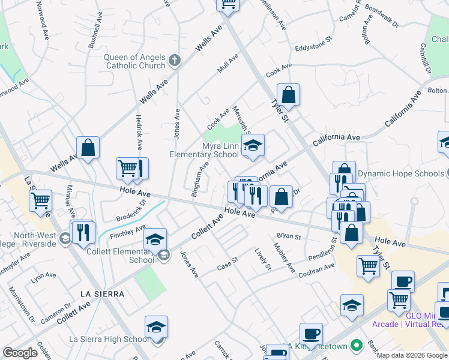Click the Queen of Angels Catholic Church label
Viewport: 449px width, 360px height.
(134, 61)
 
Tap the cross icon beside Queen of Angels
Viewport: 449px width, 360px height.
(175, 60)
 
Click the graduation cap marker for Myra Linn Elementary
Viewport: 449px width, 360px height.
(253, 145)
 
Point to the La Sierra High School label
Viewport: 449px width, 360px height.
(109, 340)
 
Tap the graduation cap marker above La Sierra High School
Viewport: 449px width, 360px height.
(156, 328)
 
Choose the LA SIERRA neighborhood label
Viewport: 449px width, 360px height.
(102, 294)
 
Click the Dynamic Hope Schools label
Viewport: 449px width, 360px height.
(402, 174)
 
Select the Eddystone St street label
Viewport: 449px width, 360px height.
(313, 46)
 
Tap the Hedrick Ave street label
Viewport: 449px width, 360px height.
(139, 132)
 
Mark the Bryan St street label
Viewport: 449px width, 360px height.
(288, 236)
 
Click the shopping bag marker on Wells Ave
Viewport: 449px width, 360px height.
(88, 148)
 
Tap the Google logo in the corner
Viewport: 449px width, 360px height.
(20, 353)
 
